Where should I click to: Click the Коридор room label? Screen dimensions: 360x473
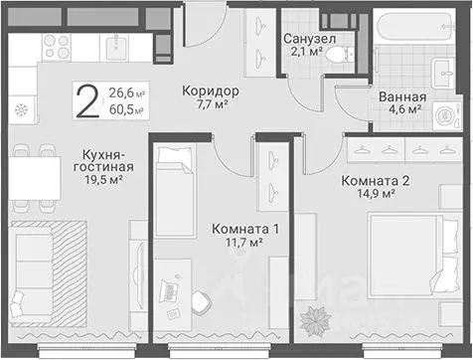(211, 91)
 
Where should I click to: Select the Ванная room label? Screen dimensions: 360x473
(402, 97)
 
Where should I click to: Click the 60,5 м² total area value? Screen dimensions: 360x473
(125, 110)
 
